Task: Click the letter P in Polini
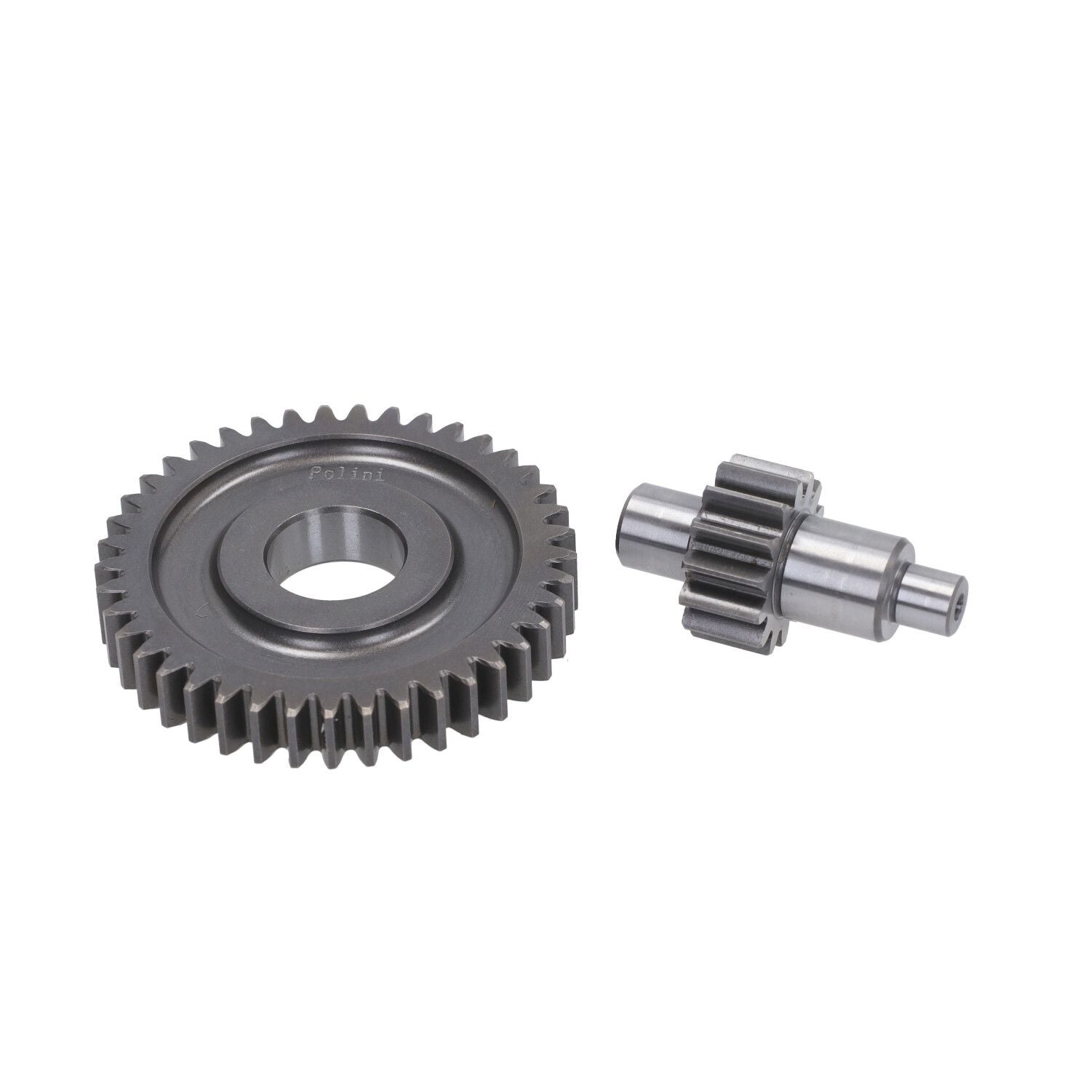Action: click(314, 474)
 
